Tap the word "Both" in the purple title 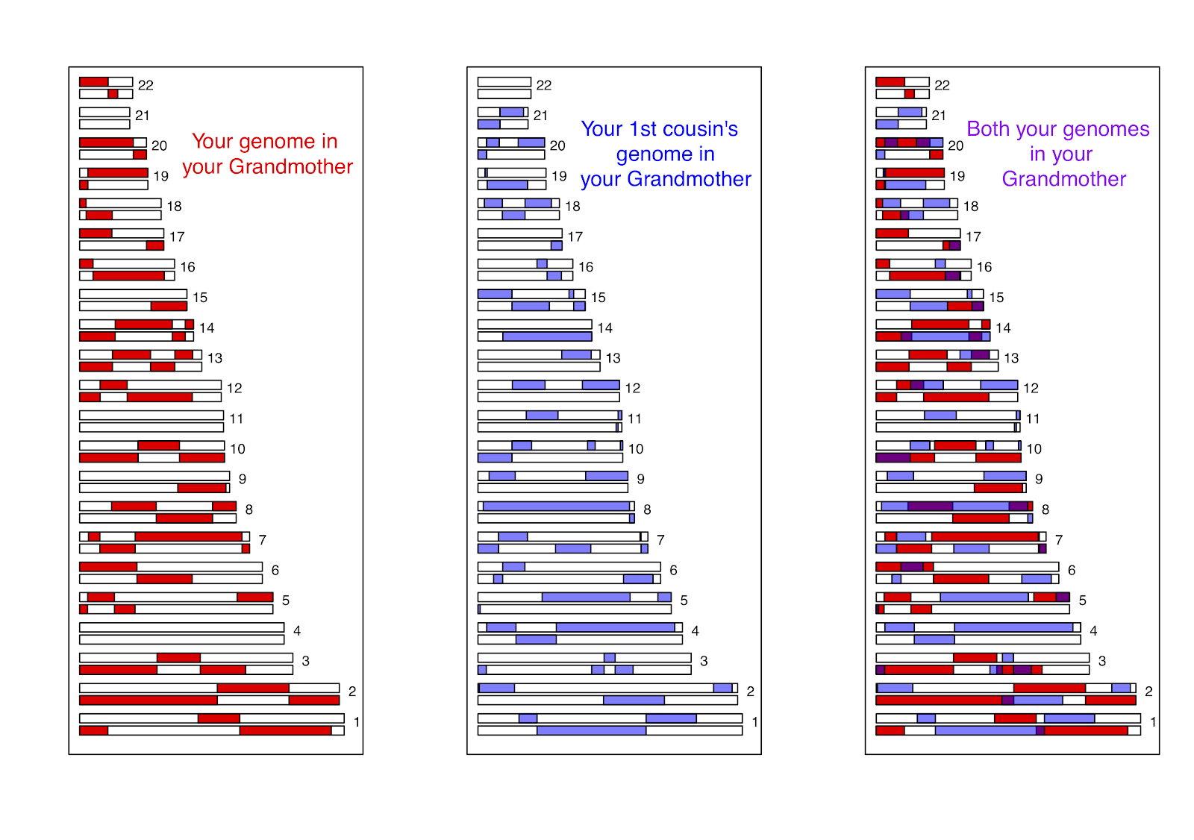(x=988, y=129)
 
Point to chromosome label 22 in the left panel (x=146, y=86)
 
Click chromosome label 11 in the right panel (x=1033, y=419)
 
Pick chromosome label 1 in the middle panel (x=755, y=722)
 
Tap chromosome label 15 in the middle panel (x=598, y=298)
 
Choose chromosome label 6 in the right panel (x=1072, y=571)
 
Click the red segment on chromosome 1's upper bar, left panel (x=219, y=718)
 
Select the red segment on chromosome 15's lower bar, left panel (x=169, y=306)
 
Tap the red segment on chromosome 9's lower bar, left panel (x=201, y=488)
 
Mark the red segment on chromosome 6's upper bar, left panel (x=108, y=567)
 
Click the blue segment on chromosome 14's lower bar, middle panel (x=547, y=336)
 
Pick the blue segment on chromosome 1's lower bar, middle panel (x=591, y=730)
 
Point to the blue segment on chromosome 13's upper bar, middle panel (x=576, y=354)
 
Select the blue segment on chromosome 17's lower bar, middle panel (x=557, y=245)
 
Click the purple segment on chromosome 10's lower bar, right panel (x=893, y=457)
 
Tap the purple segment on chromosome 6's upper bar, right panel (x=912, y=567)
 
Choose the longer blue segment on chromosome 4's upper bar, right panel (x=1013, y=627)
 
